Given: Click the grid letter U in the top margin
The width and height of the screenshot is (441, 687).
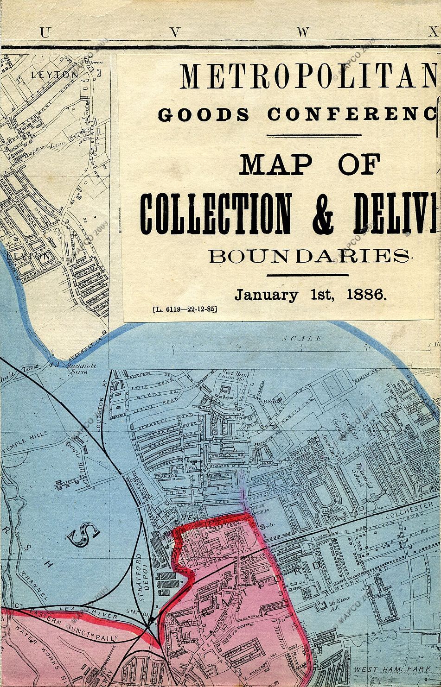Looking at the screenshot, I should coord(45,32).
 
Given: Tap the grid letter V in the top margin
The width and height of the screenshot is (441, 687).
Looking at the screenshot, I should coord(174,32).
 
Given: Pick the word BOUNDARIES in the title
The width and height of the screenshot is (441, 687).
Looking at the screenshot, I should coord(310,256).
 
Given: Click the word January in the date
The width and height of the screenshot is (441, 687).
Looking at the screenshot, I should coord(266,295).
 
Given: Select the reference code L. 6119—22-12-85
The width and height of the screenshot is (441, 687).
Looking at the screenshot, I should coord(184,309).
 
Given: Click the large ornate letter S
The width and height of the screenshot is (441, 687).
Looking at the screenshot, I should coord(83,536).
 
